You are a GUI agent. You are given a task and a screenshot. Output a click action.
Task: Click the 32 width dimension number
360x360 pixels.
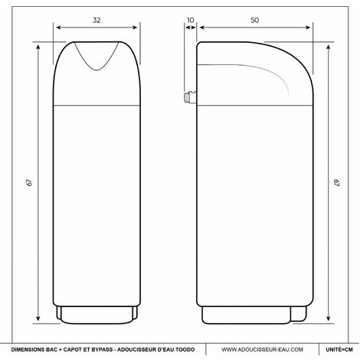coord(97,20)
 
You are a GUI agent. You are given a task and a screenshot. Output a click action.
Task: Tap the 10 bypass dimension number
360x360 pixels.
coord(191,20)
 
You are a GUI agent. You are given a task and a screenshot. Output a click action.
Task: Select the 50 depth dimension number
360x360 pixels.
coord(254,20)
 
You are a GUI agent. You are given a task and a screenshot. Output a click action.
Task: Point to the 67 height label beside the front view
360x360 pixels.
coord(30,182)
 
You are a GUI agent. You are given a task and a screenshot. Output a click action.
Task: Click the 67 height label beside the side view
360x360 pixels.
coord(337,182)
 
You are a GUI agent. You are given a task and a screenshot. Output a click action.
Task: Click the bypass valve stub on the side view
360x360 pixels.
coord(190,97)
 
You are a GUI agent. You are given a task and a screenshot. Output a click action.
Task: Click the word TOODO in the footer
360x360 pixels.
coord(185,349)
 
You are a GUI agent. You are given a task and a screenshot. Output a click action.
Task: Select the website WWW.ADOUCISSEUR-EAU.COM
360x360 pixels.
coord(262,349)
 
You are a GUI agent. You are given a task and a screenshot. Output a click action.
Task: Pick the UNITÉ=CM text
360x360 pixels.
coord(339,349)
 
